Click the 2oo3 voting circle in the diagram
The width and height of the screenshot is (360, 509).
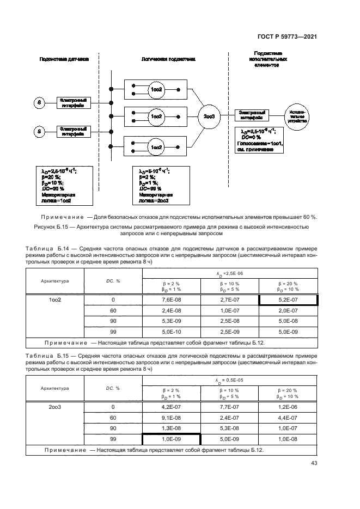click(x=209, y=116)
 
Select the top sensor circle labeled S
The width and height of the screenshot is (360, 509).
click(x=39, y=102)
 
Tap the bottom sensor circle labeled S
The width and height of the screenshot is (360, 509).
click(x=39, y=131)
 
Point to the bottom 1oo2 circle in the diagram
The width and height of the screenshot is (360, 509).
click(x=156, y=146)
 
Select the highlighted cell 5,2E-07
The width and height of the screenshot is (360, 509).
click(x=288, y=300)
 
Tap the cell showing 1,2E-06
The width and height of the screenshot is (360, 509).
click(x=288, y=407)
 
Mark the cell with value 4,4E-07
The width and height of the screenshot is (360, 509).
click(x=288, y=418)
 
